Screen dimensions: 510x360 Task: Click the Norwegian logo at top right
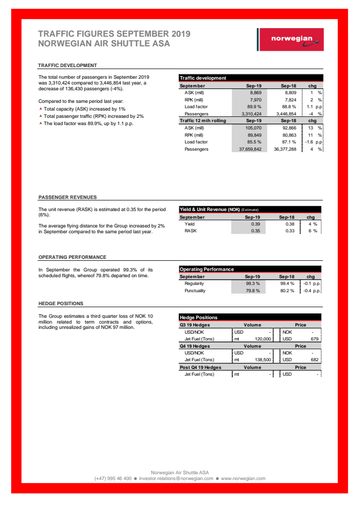tap(291, 40)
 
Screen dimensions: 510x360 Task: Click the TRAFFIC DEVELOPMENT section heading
tap(68, 66)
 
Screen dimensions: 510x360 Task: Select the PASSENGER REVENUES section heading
tap(68, 197)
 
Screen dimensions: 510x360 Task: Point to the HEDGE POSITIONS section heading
tap(61, 303)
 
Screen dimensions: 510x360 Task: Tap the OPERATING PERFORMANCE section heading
tap(72, 257)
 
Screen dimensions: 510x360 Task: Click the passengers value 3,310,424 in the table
tap(250, 114)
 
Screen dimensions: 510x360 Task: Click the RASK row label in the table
tap(191, 231)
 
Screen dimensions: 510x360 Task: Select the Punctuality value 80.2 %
tap(287, 291)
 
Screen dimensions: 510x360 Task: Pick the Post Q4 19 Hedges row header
tap(200, 367)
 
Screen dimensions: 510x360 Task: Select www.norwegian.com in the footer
tap(243, 479)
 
